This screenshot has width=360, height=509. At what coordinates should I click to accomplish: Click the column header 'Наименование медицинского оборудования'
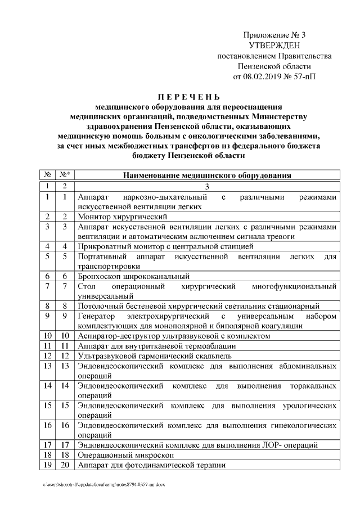206,175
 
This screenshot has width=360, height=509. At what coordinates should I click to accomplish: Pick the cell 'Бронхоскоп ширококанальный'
134,276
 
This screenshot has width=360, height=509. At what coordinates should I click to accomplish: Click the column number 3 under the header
206,186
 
